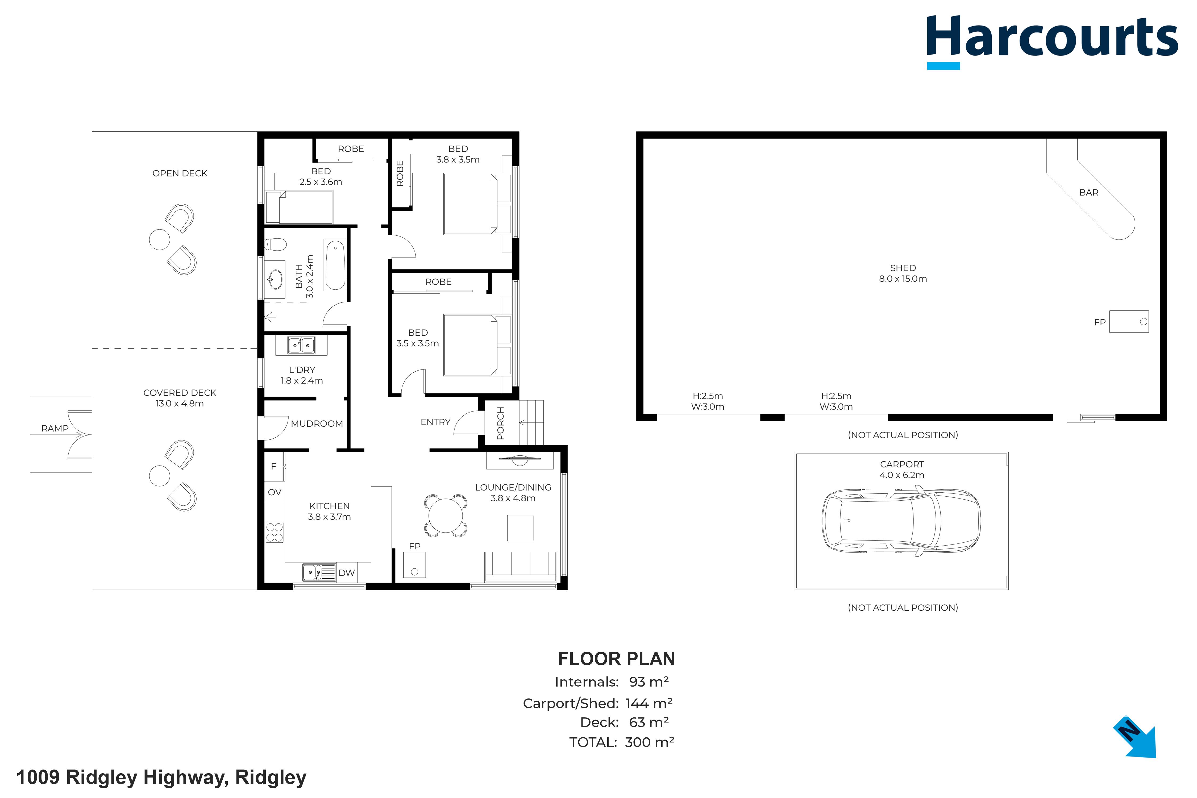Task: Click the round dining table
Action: (x=445, y=516)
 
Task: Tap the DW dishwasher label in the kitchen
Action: (x=347, y=572)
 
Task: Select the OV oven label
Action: (x=274, y=492)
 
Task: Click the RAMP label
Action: (x=55, y=429)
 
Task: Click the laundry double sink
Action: (x=301, y=345)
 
